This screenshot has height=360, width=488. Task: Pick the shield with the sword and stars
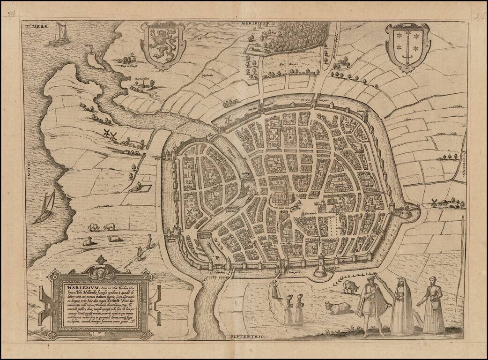pos(407,47)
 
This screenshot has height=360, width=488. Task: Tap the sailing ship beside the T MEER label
pos(59,35)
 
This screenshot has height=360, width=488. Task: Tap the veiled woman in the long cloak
pos(402,305)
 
